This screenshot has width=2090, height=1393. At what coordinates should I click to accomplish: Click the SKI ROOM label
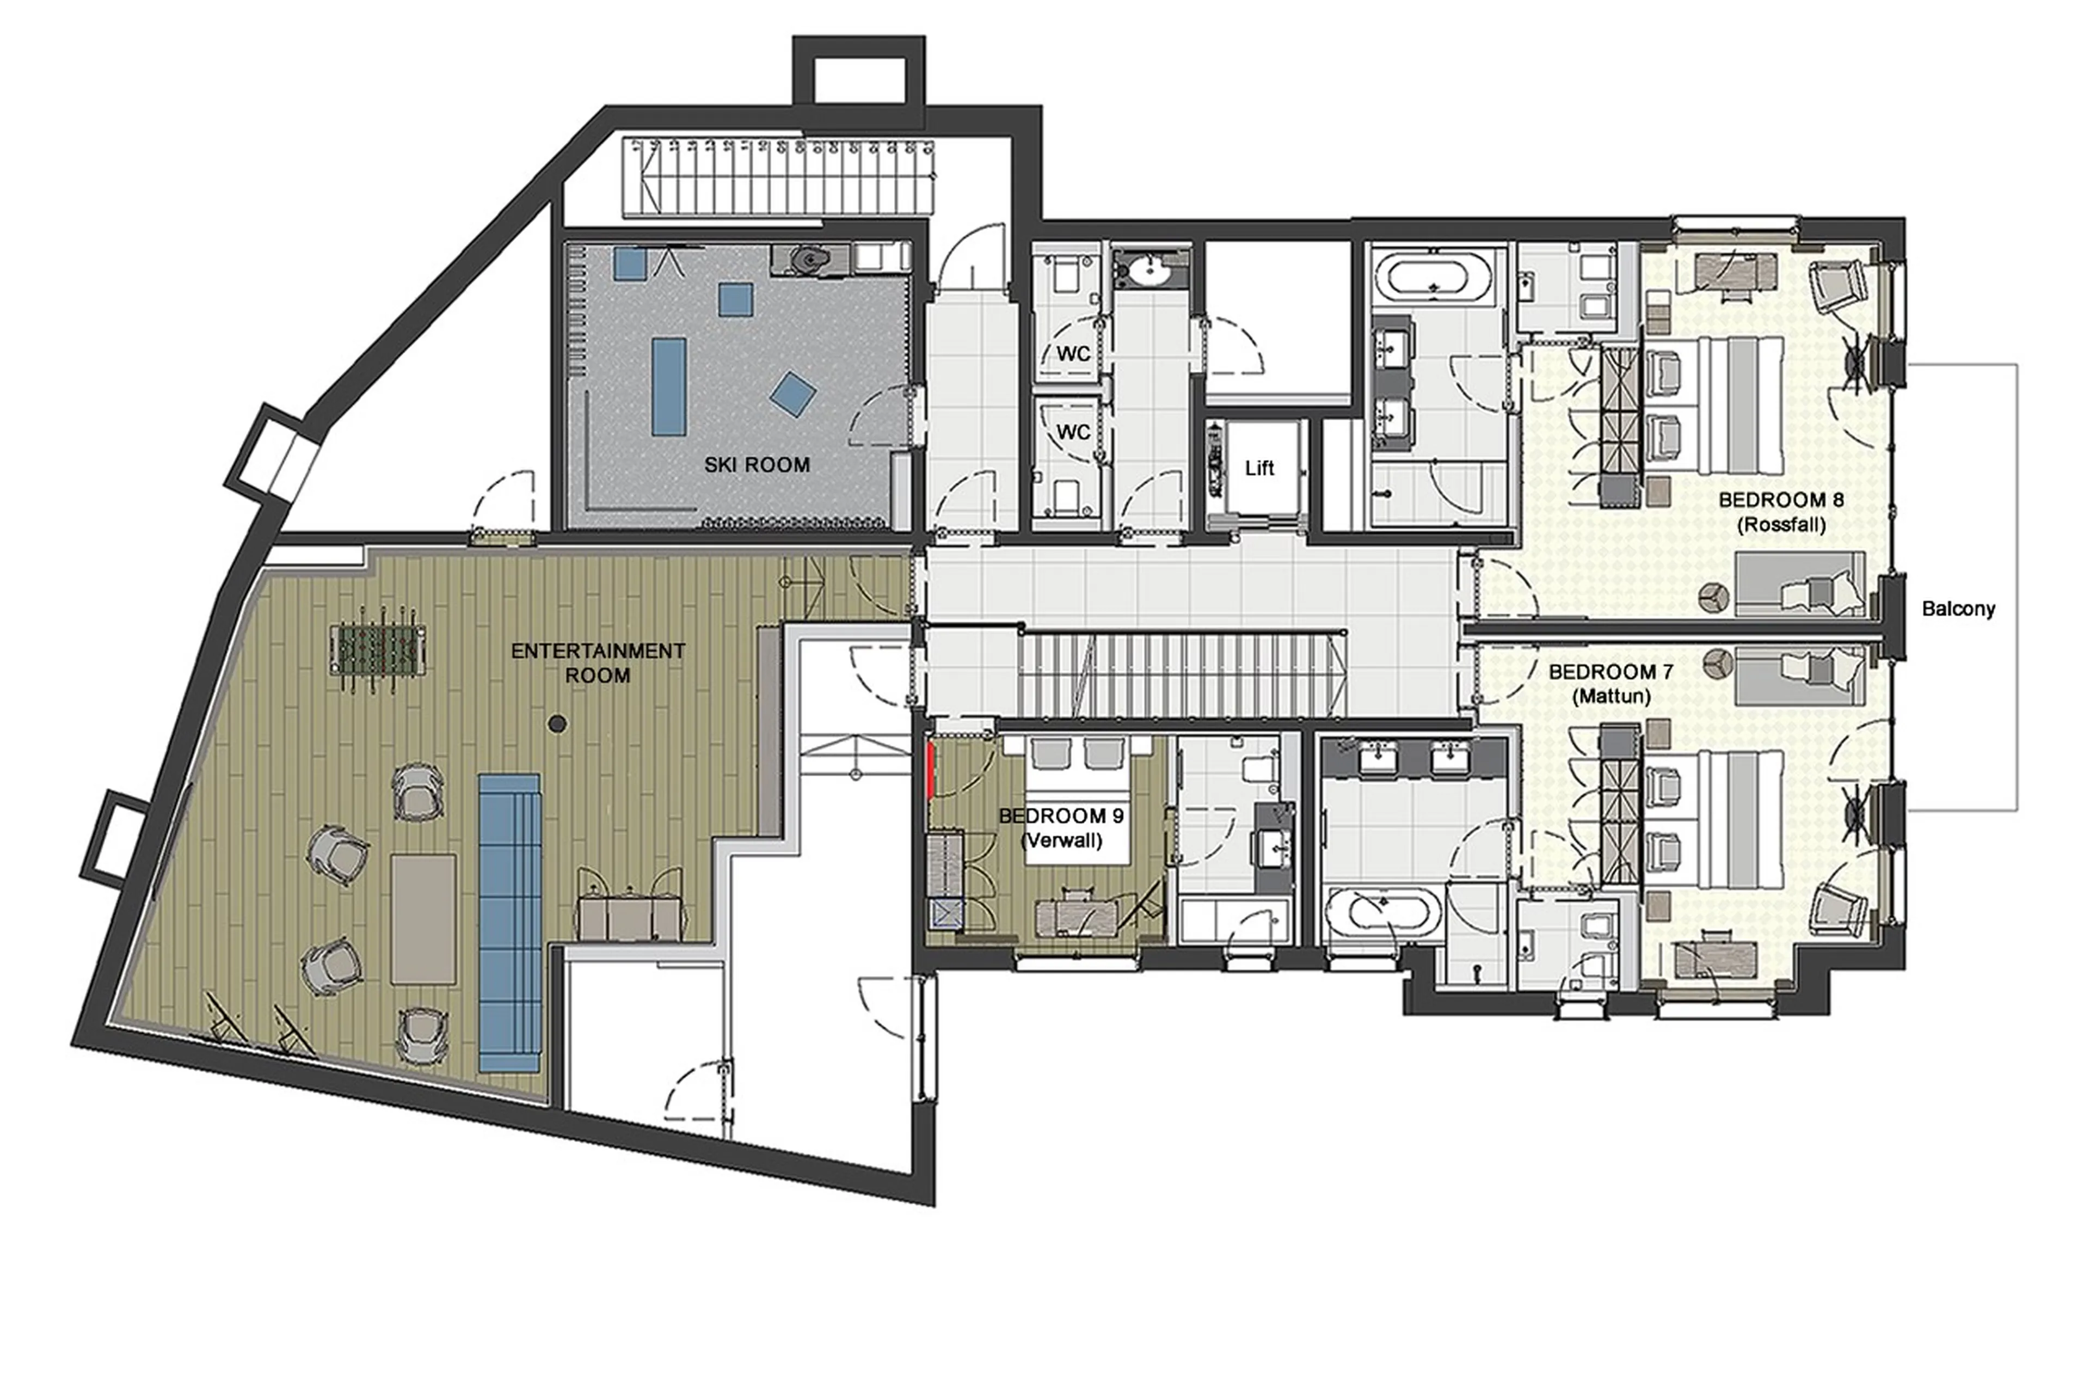[x=757, y=465]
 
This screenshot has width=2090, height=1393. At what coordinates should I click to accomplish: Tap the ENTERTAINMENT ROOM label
[x=598, y=662]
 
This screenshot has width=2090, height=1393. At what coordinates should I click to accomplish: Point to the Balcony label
[x=1958, y=609]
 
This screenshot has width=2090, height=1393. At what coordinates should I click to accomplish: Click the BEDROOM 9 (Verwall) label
[x=1061, y=828]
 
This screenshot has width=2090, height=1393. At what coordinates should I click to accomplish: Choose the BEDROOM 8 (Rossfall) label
[x=1781, y=512]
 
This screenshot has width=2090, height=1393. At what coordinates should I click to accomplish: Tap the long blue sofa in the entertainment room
[x=510, y=922]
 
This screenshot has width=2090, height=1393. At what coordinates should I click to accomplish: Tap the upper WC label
[x=1073, y=354]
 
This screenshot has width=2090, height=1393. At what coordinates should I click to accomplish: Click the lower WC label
[x=1073, y=433]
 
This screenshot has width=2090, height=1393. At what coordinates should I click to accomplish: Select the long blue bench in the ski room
[x=669, y=386]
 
